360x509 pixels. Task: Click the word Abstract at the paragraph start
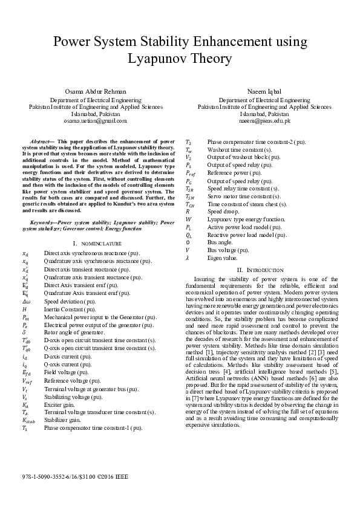pyautogui.click(x=39, y=140)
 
